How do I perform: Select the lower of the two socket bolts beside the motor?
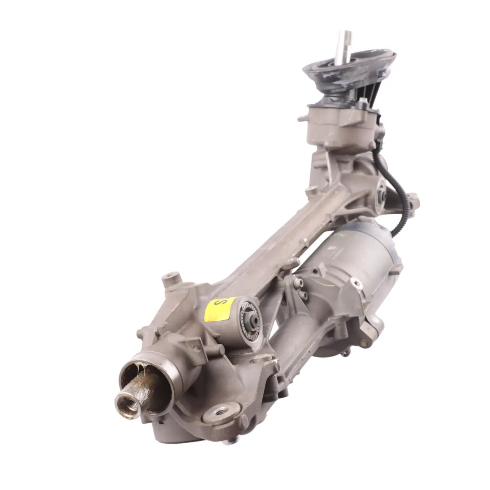pyautogui.click(x=303, y=295)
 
